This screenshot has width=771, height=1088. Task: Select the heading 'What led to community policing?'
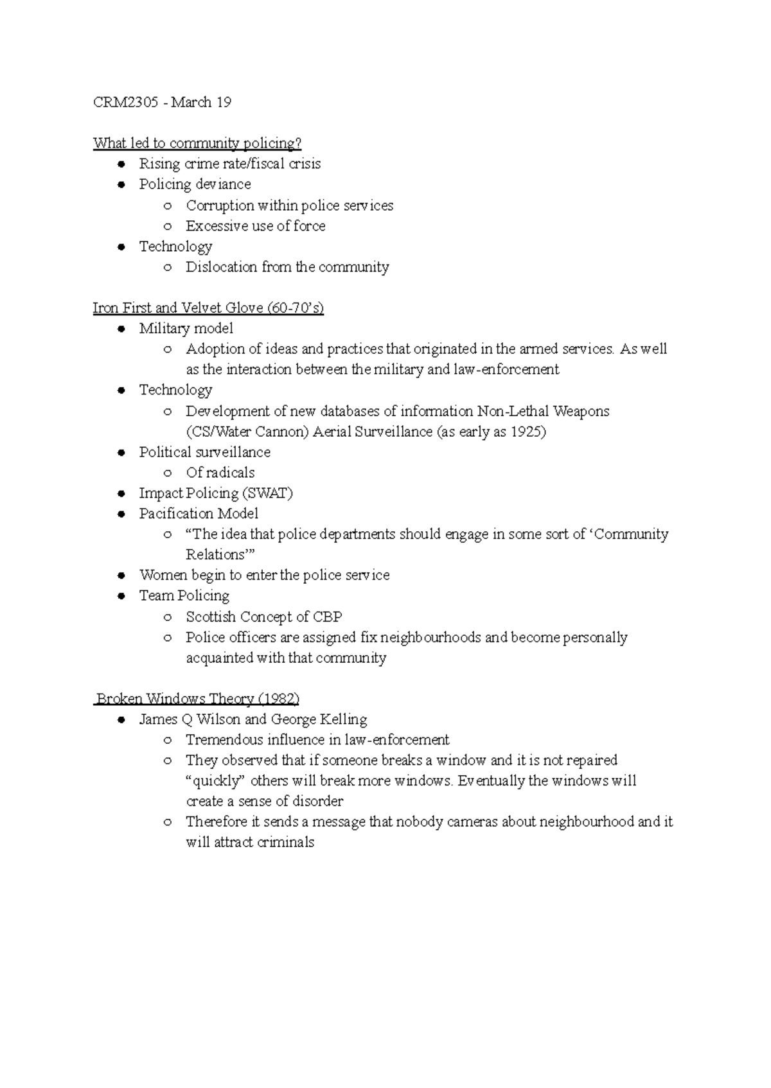coord(197,143)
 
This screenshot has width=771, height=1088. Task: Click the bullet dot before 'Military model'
coord(121,329)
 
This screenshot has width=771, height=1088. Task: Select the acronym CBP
coord(327,617)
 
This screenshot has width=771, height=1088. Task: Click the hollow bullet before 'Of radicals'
coord(168,473)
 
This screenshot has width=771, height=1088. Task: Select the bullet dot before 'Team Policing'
coord(121,596)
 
